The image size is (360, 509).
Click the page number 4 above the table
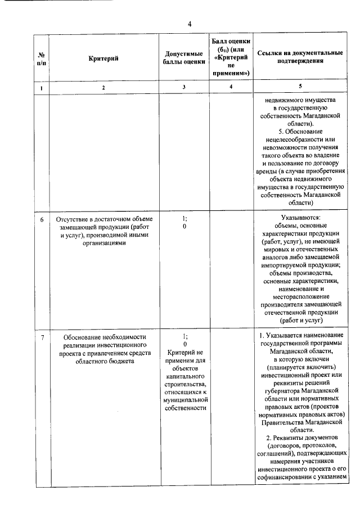(x=190, y=24)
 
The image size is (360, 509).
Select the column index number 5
(x=300, y=87)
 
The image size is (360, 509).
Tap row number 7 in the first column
(x=42, y=336)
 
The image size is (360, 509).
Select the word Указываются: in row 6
(x=300, y=218)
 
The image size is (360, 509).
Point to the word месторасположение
(x=300, y=296)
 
